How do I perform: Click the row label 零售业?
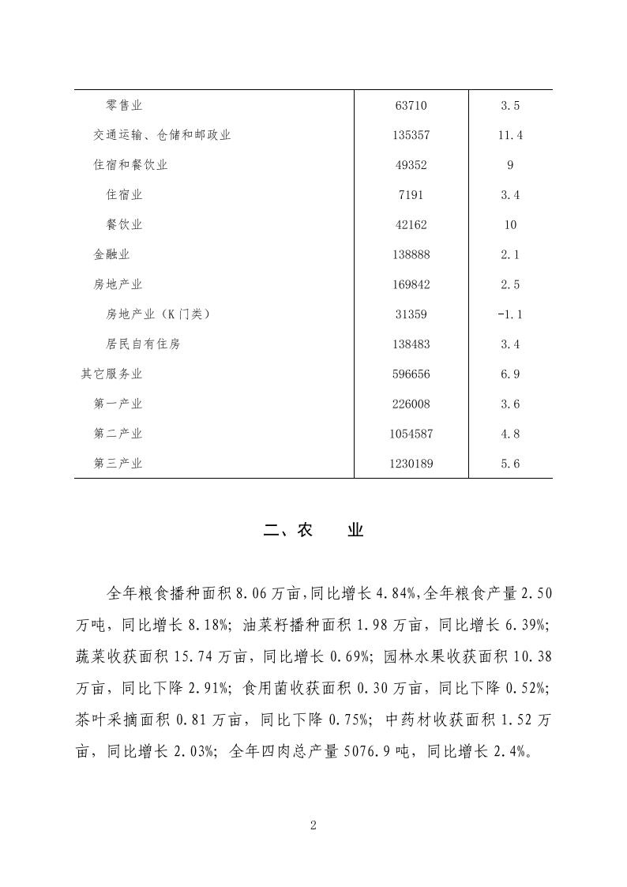tap(124, 105)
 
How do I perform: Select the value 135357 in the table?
tap(411, 135)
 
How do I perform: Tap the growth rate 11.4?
tap(510, 135)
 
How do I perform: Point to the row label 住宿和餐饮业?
tap(130, 165)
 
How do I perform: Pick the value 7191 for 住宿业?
tap(411, 195)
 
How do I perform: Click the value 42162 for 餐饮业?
tap(411, 225)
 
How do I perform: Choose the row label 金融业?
tap(111, 254)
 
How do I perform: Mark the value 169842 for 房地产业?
tap(411, 284)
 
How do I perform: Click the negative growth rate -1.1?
tap(510, 314)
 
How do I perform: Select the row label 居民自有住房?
tap(143, 344)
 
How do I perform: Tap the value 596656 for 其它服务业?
tap(411, 374)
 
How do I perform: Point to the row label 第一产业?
tap(118, 404)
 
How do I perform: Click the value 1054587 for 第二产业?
tap(411, 434)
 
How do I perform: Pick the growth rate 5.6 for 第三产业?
tap(510, 464)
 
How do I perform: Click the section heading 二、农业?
tap(313, 531)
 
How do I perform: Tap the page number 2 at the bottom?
tap(313, 825)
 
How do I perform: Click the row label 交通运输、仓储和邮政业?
tap(162, 135)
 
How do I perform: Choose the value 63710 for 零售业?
tap(411, 105)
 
